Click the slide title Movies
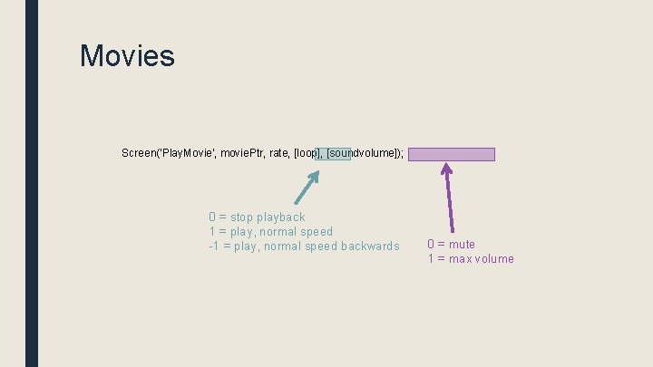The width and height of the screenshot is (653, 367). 127,56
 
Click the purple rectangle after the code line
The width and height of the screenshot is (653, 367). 452,154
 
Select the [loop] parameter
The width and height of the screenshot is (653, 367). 307,153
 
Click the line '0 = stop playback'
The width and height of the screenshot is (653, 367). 257,217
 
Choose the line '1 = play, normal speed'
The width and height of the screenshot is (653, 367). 270,231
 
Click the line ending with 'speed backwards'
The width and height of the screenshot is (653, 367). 304,246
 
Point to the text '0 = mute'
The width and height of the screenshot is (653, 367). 451,244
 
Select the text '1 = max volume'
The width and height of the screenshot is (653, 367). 471,258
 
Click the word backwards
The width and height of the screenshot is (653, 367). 369,246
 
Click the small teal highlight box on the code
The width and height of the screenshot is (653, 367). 332,153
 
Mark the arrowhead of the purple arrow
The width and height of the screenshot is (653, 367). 446,168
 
